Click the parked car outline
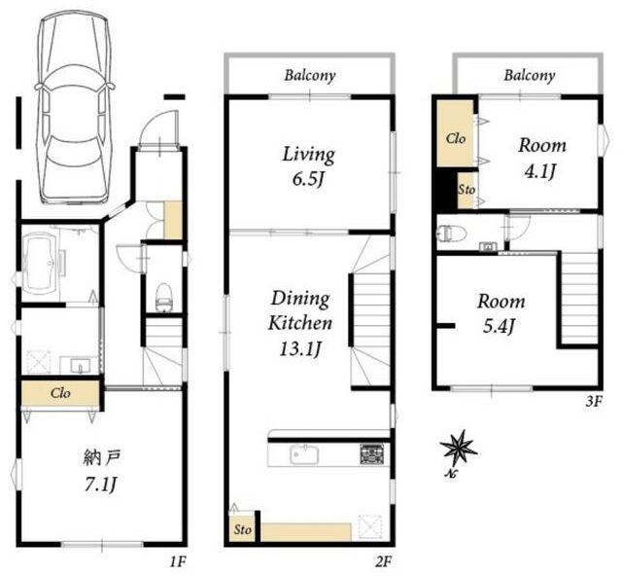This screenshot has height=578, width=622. click(74, 107)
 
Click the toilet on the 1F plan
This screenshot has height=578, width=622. click(163, 297)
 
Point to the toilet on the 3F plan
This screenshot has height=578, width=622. click(451, 234)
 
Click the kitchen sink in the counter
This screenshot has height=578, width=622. click(304, 454)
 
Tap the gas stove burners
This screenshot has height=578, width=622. click(371, 454)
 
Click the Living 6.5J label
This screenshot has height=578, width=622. click(308, 166)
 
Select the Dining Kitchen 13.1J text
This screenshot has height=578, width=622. click(300, 323)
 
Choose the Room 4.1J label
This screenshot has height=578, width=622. click(542, 159)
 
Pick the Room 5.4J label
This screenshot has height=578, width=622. click(501, 314)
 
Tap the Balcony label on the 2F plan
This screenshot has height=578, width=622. click(310, 76)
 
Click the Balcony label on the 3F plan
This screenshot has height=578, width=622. click(530, 76)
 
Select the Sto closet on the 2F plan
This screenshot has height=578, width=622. click(242, 528)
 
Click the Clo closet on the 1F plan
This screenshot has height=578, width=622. click(60, 393)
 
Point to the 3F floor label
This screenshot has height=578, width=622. click(594, 402)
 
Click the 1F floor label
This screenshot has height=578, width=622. click(177, 561)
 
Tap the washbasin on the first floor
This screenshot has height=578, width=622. click(81, 365)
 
